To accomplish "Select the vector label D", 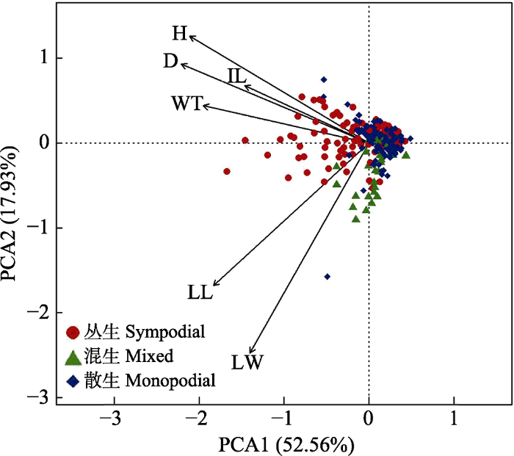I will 171,62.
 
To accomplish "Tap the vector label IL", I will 236,76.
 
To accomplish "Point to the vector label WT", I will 187,104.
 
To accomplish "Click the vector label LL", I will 200,292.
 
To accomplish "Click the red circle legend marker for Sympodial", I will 73,332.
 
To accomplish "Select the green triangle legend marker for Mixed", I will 73,357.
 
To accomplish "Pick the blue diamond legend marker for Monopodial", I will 73,381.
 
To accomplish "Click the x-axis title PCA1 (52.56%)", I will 286,444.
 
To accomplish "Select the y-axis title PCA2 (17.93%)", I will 12,228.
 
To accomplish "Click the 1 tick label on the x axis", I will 454,419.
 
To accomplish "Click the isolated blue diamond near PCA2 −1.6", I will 327,277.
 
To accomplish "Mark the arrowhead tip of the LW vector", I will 250,354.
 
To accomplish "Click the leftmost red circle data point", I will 227,171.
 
